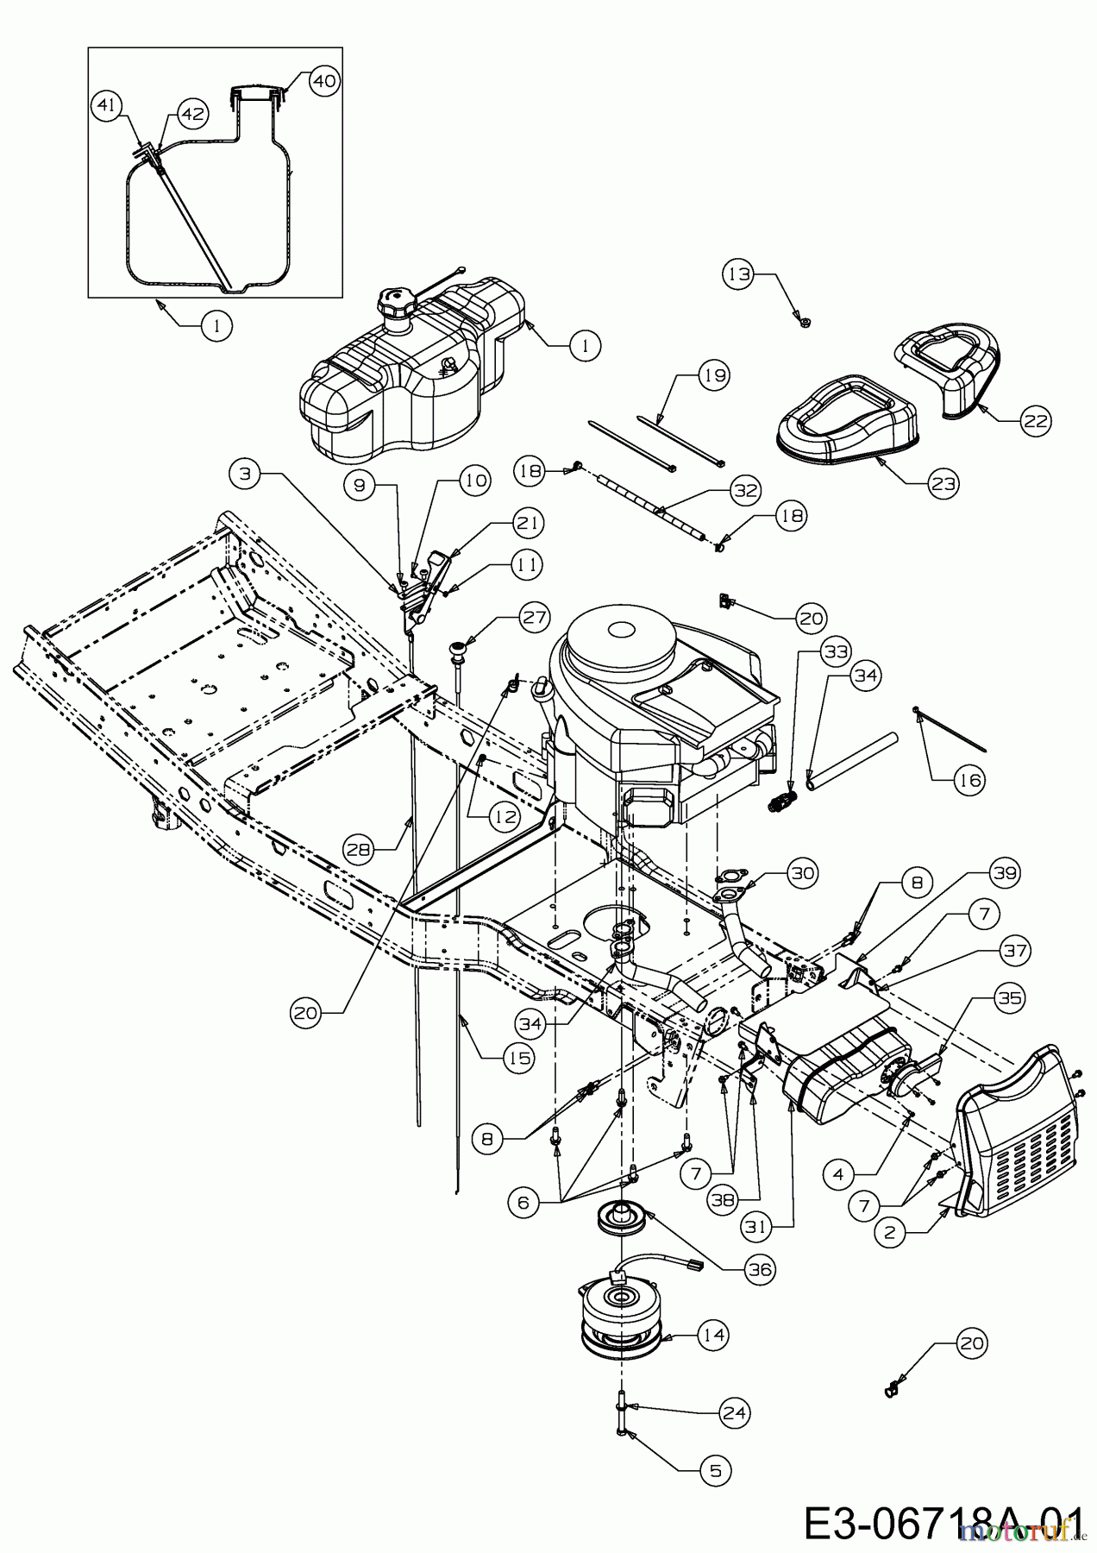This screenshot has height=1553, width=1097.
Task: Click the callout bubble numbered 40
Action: pos(323,80)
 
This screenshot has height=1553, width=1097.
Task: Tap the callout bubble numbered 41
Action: pos(105,107)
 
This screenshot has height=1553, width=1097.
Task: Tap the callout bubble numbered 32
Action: pos(745,490)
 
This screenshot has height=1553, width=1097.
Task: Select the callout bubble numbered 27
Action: pos(533,616)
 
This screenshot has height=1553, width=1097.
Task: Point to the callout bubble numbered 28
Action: pos(360,849)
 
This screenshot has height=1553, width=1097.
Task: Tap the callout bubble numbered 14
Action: pos(714,1336)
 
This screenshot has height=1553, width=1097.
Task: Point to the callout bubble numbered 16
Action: pos(969,780)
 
